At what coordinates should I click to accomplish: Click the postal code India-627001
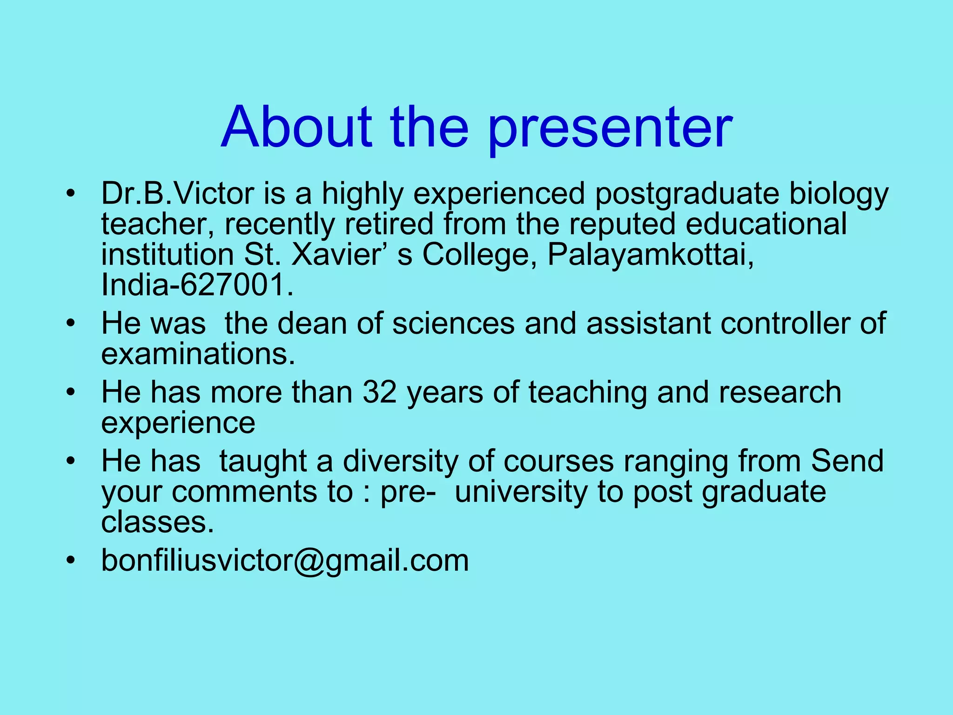tap(197, 285)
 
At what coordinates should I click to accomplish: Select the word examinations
tap(198, 354)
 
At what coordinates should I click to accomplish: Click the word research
tap(780, 392)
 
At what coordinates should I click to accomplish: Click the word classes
tap(157, 522)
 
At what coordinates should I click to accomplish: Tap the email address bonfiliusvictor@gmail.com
tap(285, 560)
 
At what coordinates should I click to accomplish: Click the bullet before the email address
tap(70, 560)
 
